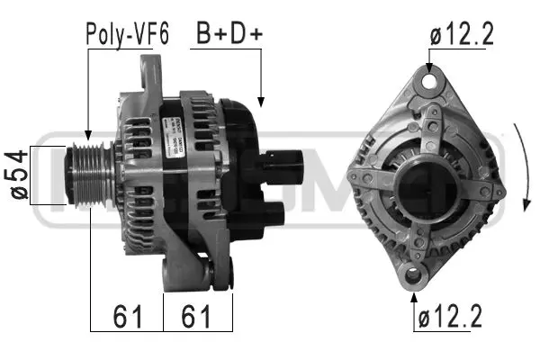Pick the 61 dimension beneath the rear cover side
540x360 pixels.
tap(197, 317)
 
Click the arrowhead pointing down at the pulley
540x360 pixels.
tap(88, 132)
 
